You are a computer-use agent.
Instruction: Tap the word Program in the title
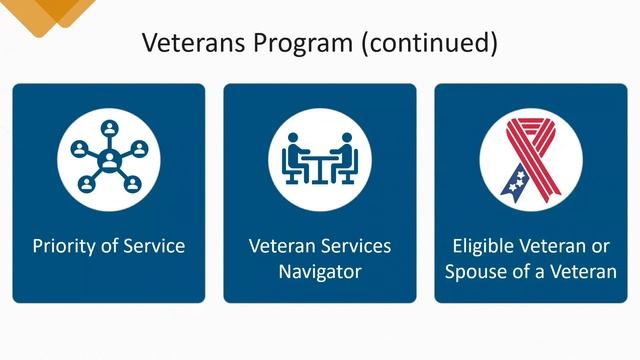(x=301, y=43)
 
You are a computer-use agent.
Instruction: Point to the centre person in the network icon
(x=108, y=158)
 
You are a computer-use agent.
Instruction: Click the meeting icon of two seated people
(x=319, y=157)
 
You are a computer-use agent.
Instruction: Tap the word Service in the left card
(x=153, y=245)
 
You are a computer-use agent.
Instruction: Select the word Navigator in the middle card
(x=319, y=271)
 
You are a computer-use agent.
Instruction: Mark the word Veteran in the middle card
(x=282, y=245)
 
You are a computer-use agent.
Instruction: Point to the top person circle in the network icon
(x=108, y=128)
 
